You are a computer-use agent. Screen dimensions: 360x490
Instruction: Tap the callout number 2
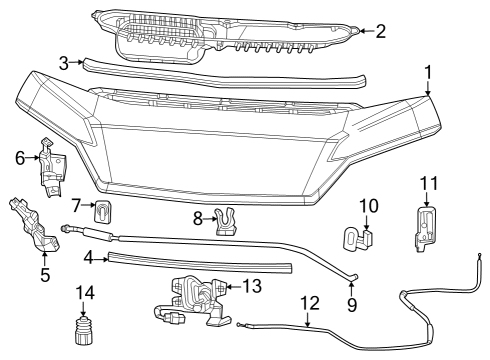[380, 31]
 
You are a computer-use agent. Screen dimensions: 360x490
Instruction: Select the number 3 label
[64, 62]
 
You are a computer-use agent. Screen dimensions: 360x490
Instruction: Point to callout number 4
[89, 258]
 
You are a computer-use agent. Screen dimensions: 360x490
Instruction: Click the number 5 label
[45, 272]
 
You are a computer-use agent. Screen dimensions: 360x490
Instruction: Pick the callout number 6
[20, 157]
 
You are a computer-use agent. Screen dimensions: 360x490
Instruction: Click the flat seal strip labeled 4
[200, 263]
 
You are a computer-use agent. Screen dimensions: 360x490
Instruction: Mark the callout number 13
[252, 286]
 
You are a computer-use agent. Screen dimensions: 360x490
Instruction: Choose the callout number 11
[429, 182]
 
